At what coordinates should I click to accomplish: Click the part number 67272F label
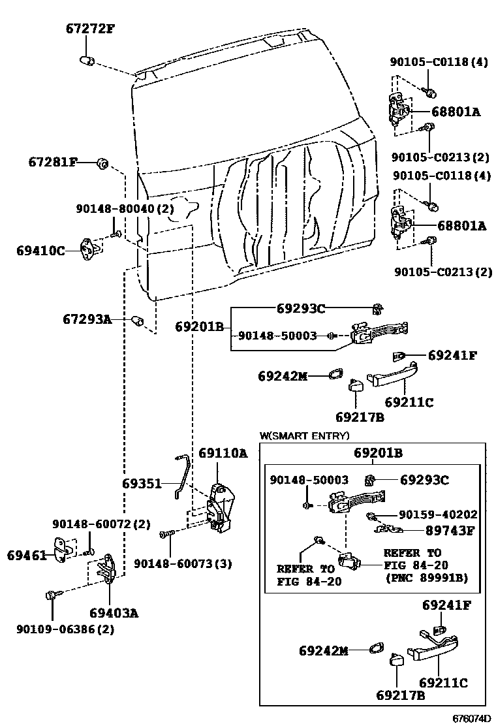coord(89,29)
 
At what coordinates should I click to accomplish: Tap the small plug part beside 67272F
coord(87,61)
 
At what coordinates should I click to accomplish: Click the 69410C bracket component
coord(91,249)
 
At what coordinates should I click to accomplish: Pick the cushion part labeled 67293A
coord(137,320)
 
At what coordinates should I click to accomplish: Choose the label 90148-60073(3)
coord(183,563)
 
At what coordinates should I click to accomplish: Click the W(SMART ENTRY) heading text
coord(304,435)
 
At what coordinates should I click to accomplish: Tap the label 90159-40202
coord(438,514)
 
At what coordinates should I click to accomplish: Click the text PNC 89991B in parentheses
coord(425,578)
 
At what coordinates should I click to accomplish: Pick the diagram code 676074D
coord(471,718)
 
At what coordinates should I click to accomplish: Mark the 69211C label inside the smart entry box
coord(444,682)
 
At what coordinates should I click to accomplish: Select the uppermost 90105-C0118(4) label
coord(439,63)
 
